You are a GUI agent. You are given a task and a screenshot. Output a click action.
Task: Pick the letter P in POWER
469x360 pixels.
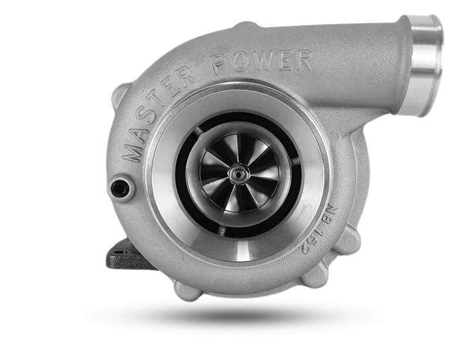[220, 64]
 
